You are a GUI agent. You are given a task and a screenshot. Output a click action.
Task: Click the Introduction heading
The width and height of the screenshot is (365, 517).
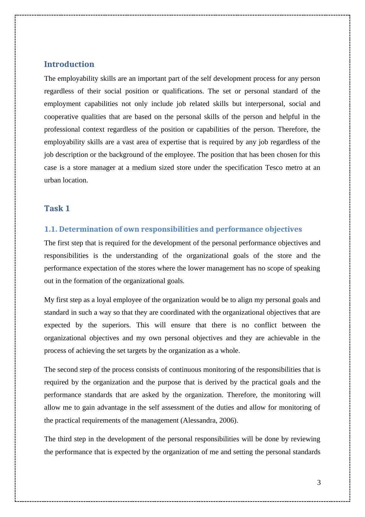click(69, 64)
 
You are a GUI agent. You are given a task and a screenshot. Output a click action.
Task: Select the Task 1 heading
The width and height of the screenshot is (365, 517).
click(57, 209)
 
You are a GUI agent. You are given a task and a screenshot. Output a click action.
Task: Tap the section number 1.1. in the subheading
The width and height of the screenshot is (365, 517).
click(50, 229)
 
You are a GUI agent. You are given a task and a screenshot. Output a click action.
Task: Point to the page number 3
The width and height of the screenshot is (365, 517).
click(319, 482)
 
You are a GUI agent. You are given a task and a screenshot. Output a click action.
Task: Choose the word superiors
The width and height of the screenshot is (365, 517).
click(116, 325)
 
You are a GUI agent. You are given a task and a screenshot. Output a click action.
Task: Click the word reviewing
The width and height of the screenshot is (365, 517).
click(305, 439)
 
